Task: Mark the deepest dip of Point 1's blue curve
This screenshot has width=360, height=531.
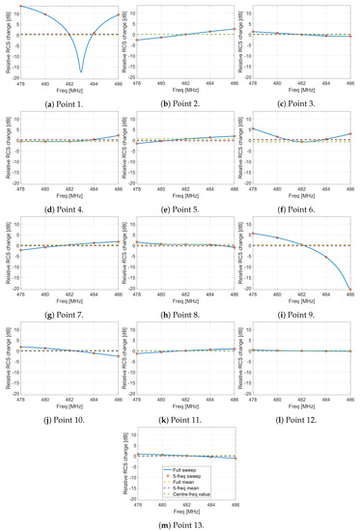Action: click(81, 71)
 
